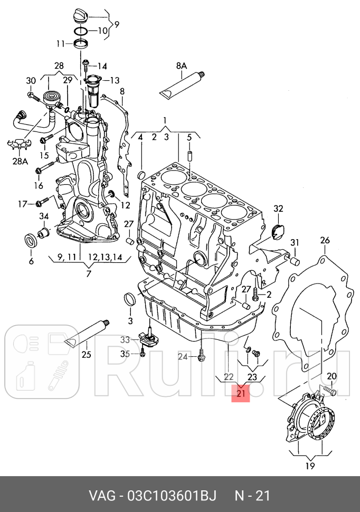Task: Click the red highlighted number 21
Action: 242,393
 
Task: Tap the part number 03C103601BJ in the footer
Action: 171,496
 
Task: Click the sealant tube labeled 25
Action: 86,335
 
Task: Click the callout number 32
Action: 278,208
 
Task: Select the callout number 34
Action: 44,216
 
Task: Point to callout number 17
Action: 22,204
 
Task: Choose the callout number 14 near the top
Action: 101,66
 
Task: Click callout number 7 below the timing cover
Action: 88,273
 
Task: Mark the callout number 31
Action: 295,242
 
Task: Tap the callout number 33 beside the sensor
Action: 125,339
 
